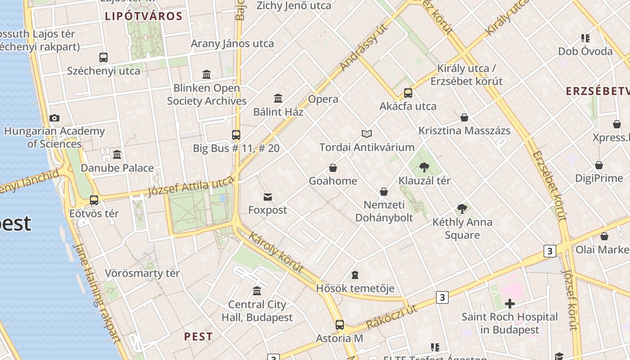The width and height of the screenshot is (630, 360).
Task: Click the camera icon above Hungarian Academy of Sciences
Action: [54, 118]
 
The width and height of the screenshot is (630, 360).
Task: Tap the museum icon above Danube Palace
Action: [117, 155]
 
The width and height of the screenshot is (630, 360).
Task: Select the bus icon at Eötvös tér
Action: [94, 200]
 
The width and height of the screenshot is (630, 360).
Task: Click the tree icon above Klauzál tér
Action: [424, 168]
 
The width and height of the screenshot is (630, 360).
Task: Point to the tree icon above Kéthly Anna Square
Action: [462, 209]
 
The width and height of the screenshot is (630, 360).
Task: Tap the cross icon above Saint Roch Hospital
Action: [509, 304]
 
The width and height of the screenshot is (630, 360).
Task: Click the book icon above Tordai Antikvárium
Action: [367, 134]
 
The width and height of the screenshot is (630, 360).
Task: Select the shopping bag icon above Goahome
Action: [333, 168]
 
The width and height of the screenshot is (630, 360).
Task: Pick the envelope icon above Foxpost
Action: [268, 197]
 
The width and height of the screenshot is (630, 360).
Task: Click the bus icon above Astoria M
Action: [340, 325]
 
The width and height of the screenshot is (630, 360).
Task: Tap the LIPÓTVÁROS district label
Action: [144, 17]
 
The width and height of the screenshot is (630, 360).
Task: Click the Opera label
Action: [323, 99]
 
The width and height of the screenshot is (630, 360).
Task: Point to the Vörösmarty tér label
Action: [142, 273]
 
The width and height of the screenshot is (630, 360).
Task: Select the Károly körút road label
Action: [275, 253]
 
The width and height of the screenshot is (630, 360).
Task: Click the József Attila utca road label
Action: [191, 186]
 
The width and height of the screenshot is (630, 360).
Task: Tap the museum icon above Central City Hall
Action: [257, 291]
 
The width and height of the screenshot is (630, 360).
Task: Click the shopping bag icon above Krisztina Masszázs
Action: [464, 117]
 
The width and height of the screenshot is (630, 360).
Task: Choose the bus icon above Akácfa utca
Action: [408, 93]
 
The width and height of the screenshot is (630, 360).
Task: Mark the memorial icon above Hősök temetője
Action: [355, 275]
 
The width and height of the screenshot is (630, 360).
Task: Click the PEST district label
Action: [198, 337]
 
